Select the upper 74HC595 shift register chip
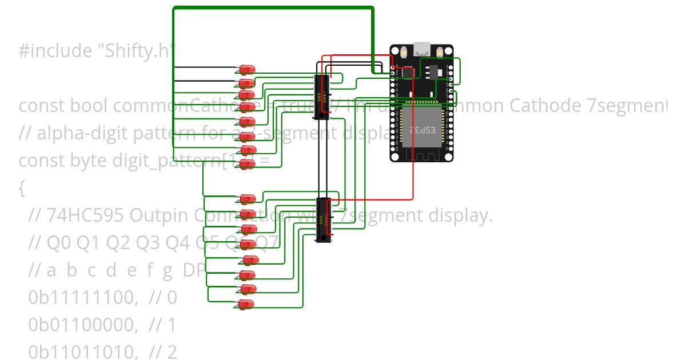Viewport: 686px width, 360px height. click(x=324, y=97)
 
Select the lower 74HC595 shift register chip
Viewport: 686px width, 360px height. click(x=324, y=219)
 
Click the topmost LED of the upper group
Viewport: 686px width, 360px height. click(x=247, y=70)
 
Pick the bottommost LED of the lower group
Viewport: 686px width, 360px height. click(x=246, y=304)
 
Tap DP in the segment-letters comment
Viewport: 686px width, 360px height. click(x=194, y=270)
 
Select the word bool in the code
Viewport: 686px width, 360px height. click(x=81, y=106)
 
